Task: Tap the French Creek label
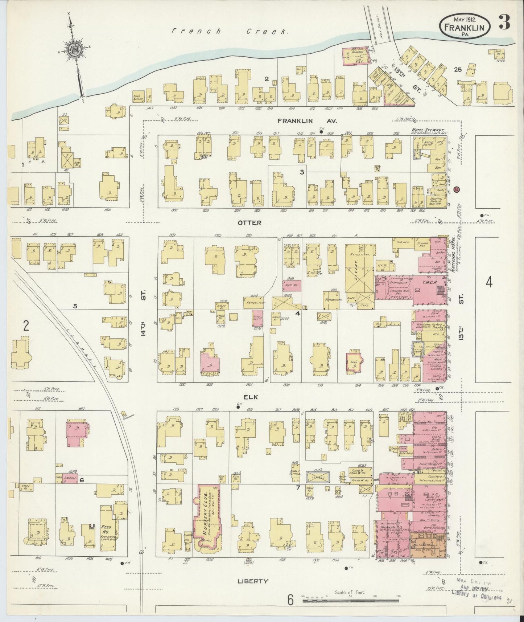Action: pyautogui.click(x=230, y=32)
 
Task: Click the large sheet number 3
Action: pyautogui.click(x=504, y=22)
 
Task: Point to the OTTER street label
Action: pyautogui.click(x=249, y=222)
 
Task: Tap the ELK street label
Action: pyautogui.click(x=250, y=397)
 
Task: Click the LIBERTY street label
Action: pyautogui.click(x=252, y=581)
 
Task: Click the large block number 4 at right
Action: pyautogui.click(x=489, y=282)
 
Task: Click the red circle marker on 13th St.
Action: pyautogui.click(x=456, y=189)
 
